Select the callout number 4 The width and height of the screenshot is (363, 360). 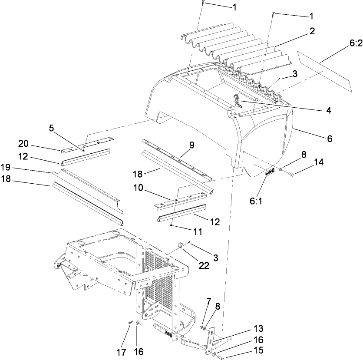(329, 110)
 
